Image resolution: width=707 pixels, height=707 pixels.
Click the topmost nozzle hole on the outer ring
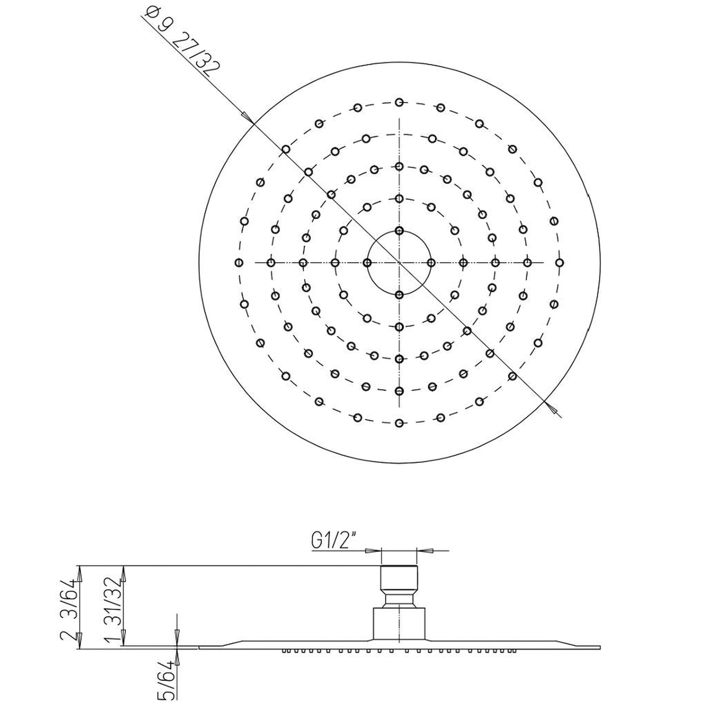click(399, 102)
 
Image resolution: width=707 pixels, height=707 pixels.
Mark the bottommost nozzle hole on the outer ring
click(399, 423)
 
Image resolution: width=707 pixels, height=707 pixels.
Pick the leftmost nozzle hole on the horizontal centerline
click(239, 263)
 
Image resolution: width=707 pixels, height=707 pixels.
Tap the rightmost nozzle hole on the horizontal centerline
click(559, 263)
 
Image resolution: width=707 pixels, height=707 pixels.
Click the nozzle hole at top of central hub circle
click(399, 230)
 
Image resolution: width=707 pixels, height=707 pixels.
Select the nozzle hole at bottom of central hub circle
click(399, 295)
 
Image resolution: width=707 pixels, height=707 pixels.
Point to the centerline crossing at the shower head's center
click(399, 263)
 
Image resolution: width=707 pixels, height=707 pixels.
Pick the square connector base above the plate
click(399, 623)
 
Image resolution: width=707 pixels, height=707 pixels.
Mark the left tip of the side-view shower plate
click(200, 647)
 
